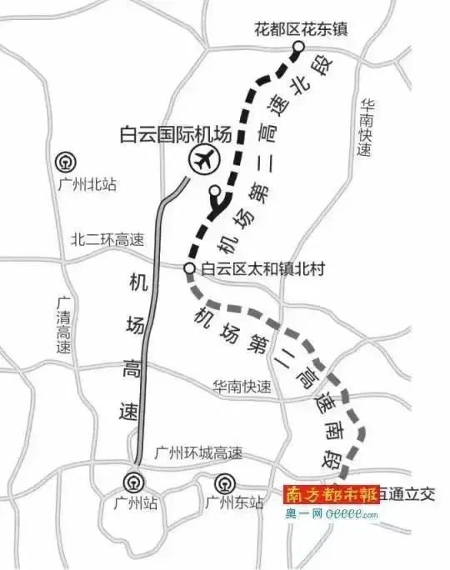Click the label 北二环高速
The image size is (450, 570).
107,240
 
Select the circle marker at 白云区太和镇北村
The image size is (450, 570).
189,268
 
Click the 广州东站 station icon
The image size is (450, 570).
223,482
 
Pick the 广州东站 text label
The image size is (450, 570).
234,502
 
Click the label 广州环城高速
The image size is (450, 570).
198,454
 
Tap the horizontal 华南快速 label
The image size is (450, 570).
242,387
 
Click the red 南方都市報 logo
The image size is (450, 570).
332,494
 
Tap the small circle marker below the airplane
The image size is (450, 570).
214,190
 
